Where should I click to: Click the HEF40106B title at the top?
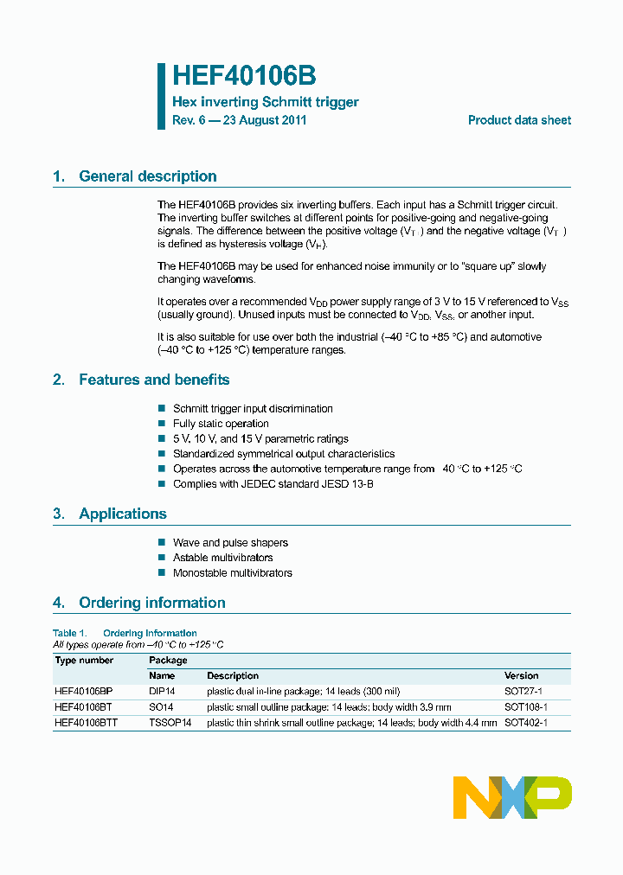[x=238, y=75]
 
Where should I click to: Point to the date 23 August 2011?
[x=265, y=120]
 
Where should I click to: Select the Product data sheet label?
[x=519, y=120]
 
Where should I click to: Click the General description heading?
[x=147, y=176]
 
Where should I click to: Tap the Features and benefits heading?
[x=154, y=380]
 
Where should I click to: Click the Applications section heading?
[x=122, y=514]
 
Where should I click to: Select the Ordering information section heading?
[x=151, y=603]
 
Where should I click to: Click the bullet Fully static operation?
[x=221, y=424]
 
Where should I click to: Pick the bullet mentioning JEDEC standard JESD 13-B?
[x=273, y=484]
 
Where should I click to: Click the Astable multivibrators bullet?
[x=222, y=558]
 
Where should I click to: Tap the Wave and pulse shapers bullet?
[x=230, y=543]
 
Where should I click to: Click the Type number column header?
[x=84, y=660]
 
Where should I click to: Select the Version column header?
[x=521, y=675]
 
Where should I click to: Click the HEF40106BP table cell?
[x=83, y=692]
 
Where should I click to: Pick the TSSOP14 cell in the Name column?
[x=170, y=722]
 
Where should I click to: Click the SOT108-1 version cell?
[x=525, y=707]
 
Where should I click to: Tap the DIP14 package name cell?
[x=162, y=692]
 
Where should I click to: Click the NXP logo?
[x=512, y=797]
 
